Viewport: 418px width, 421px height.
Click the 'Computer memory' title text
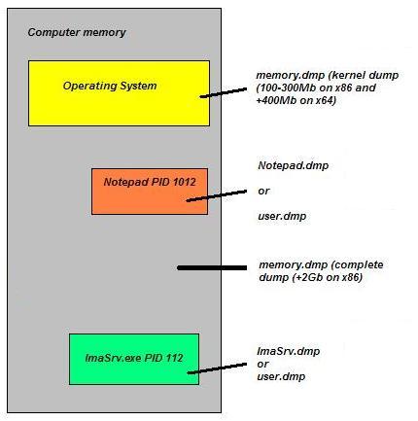[x=77, y=32]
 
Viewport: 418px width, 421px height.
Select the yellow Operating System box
[x=119, y=93]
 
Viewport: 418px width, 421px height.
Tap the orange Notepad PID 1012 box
[x=150, y=192]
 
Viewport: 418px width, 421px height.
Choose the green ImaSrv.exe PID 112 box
[x=134, y=359]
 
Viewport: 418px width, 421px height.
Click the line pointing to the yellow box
[x=224, y=92]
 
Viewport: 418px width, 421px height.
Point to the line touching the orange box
[x=217, y=196]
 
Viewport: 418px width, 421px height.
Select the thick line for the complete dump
[x=212, y=268]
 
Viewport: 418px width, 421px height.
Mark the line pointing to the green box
[x=217, y=368]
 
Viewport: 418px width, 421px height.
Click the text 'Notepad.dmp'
[x=294, y=165]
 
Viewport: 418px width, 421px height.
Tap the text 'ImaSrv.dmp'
[x=289, y=351]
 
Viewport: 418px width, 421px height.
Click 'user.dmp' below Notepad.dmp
[x=282, y=216]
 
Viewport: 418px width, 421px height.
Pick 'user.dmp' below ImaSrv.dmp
[x=281, y=376]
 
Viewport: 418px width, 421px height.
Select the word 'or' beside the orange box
[x=263, y=192]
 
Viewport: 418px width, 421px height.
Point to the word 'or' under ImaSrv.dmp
[x=262, y=365]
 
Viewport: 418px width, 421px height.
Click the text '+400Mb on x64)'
[x=296, y=100]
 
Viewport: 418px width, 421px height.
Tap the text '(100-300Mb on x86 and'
[x=316, y=88]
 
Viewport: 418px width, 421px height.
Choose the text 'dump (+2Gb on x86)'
[x=310, y=278]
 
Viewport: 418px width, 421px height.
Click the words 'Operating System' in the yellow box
[x=110, y=87]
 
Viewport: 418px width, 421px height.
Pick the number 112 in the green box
[x=175, y=358]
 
